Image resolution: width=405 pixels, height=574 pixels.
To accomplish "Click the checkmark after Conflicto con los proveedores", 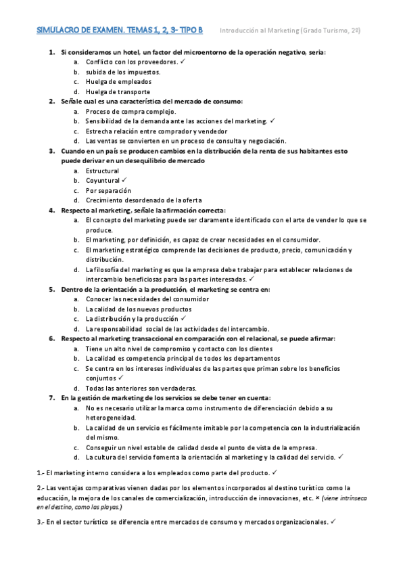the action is pyautogui.click(x=183, y=61).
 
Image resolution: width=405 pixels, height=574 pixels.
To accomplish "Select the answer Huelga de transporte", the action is pyautogui.click(x=118, y=91).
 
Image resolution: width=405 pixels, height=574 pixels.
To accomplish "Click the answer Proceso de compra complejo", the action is pyautogui.click(x=130, y=111).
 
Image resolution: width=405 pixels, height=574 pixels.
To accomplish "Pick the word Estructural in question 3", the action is pyautogui.click(x=102, y=171).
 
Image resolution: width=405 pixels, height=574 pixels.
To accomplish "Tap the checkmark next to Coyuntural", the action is pyautogui.click(x=124, y=180).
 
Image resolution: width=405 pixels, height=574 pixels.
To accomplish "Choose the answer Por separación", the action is pyautogui.click(x=107, y=190).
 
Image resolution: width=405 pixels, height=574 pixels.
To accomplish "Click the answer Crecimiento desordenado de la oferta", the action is pyautogui.click(x=143, y=200).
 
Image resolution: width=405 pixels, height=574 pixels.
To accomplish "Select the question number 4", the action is pyautogui.click(x=51, y=210).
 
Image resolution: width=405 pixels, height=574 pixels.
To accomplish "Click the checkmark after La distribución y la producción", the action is pyautogui.click(x=183, y=318).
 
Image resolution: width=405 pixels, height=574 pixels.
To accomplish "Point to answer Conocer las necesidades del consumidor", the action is pyautogui.click(x=147, y=299).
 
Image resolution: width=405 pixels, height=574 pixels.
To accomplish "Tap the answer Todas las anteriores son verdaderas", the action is pyautogui.click(x=141, y=388).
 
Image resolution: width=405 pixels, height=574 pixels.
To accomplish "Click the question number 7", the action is pyautogui.click(x=51, y=398).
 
